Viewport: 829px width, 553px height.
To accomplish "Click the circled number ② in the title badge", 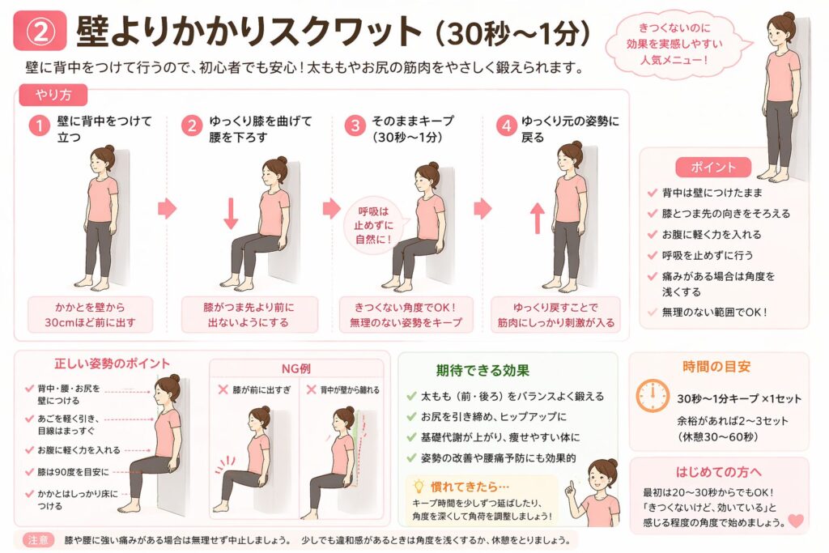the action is [x=40, y=32].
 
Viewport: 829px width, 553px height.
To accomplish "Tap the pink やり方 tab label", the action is [x=53, y=96].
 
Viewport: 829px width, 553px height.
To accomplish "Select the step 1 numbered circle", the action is [x=39, y=125].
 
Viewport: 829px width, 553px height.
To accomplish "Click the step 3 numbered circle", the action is [x=355, y=125].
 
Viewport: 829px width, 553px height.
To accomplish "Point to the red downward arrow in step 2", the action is [x=231, y=213].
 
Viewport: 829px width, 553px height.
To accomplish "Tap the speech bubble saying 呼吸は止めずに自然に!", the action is [x=374, y=226].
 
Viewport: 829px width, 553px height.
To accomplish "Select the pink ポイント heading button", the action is [x=713, y=168].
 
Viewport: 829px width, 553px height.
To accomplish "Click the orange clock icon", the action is [x=653, y=395].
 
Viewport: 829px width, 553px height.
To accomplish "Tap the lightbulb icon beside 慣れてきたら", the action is [x=419, y=486].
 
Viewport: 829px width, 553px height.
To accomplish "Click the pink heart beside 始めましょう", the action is [x=796, y=521].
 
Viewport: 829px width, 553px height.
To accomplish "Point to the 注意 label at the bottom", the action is [x=38, y=540].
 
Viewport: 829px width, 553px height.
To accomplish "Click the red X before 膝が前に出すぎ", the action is [x=223, y=389].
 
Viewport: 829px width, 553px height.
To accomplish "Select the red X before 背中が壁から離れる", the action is [x=312, y=389].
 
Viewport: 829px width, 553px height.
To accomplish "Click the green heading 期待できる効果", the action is [x=483, y=370].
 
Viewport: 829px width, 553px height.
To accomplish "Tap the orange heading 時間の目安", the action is [x=716, y=367].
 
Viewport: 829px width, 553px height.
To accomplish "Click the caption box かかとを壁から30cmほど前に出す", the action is [x=91, y=315].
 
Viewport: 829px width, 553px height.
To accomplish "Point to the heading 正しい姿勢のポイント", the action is [x=112, y=364].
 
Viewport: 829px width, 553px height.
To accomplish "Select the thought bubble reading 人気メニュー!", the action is [x=675, y=45].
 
